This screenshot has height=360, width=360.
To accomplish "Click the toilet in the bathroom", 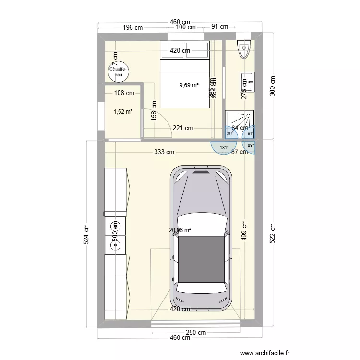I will point(244,50).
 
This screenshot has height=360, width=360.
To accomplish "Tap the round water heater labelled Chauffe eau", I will point(119,72).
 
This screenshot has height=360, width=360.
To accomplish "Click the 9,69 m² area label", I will point(189,85).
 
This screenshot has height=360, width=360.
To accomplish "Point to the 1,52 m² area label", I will point(123,112).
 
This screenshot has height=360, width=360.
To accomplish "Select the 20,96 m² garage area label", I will point(180,230).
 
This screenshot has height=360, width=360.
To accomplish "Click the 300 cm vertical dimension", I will point(273,86).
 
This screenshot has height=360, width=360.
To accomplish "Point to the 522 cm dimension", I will point(273,234).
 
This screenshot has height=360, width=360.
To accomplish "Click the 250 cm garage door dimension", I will point(196,332).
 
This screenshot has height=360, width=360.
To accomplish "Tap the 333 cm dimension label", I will point(164,152).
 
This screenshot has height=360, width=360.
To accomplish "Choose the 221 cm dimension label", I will point(183,128).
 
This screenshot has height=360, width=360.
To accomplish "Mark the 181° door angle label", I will point(224,148).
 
